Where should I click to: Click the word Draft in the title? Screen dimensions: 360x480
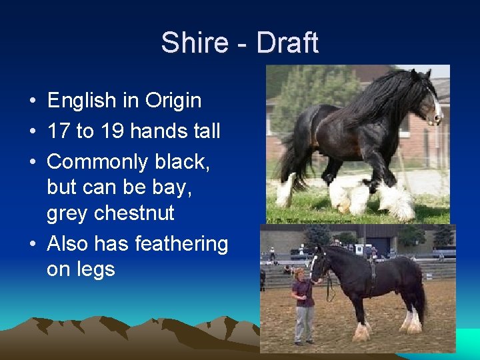coord(287,43)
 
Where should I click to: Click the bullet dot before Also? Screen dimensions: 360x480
coord(32,245)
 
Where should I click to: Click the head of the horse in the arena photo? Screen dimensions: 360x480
coord(321,263)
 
